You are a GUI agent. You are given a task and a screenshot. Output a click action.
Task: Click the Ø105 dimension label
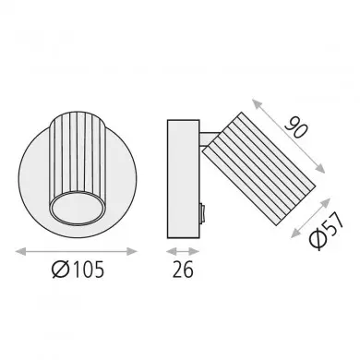(78, 270)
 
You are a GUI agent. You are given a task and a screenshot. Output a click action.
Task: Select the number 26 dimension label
(183, 270)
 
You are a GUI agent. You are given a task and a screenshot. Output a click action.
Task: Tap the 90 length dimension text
(296, 126)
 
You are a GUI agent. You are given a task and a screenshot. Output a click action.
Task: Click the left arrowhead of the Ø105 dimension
(20, 252)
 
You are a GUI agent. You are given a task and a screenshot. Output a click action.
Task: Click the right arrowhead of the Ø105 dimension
(132, 252)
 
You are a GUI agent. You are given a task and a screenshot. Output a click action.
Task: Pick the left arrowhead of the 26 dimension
(172, 252)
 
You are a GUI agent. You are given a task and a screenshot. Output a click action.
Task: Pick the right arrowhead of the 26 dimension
(194, 252)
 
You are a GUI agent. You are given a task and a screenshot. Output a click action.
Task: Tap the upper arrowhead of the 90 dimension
(257, 103)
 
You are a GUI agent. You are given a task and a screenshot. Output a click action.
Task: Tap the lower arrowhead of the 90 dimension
(320, 169)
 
